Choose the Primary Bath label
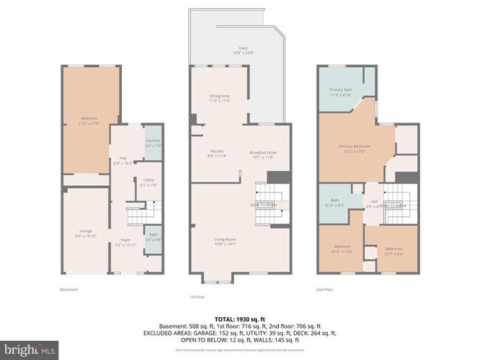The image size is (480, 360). [340, 91]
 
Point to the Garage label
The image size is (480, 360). [85, 232]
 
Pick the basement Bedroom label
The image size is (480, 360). [89, 120]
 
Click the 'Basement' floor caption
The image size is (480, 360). [69, 290]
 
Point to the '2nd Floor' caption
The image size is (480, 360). [324, 290]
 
